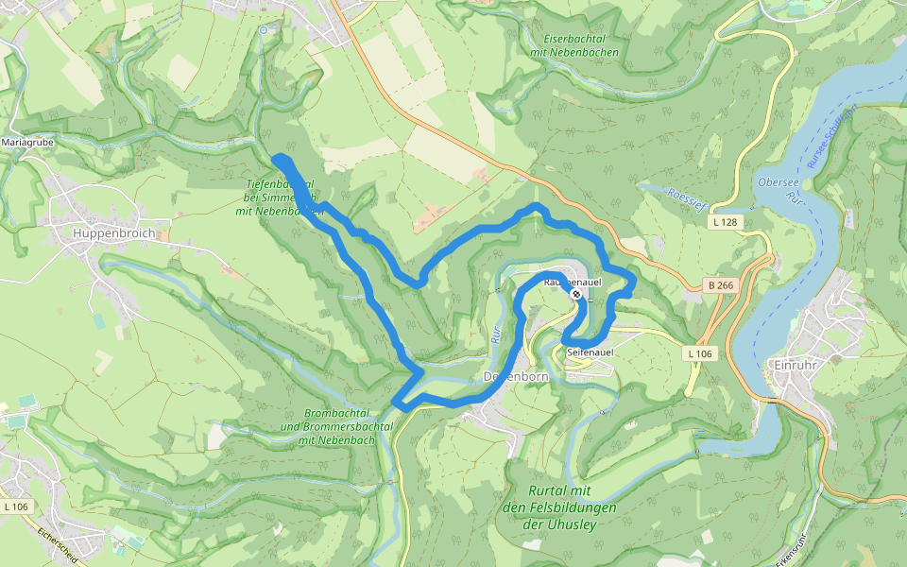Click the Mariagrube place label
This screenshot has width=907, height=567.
point(27,142)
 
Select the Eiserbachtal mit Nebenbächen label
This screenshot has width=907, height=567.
point(574,45)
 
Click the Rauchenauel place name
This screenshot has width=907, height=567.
point(573,282)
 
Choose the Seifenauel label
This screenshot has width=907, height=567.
point(590,352)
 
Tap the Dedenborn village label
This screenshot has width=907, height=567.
point(516,376)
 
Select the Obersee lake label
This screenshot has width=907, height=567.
point(780,181)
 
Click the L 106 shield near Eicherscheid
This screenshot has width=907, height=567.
point(16,507)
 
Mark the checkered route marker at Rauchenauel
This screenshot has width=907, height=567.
point(575,294)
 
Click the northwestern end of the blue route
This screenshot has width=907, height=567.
point(276,158)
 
